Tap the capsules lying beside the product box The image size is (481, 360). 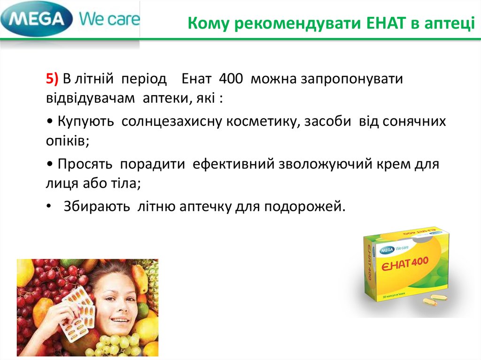[x=434, y=300]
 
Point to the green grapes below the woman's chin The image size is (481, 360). [x=115, y=345]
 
